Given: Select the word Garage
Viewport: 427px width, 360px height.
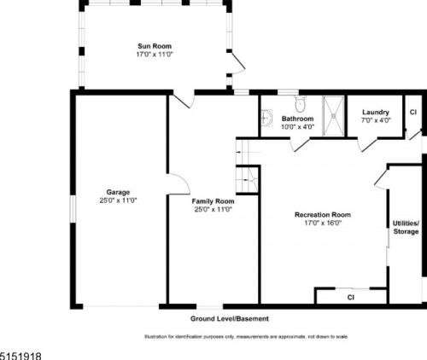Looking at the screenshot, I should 118,192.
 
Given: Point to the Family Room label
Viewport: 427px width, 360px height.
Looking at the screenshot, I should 213,200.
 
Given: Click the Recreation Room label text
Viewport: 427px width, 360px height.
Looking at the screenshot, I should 323,215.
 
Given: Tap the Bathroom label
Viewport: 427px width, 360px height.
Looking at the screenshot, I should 298,119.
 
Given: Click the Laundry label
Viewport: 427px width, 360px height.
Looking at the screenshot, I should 376,113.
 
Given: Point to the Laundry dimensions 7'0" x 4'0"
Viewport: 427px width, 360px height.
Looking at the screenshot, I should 376,120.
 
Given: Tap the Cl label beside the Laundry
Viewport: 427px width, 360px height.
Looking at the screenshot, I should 412,113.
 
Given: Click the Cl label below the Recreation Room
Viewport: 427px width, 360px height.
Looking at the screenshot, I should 350,298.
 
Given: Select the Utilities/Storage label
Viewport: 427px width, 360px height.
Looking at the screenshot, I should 406,226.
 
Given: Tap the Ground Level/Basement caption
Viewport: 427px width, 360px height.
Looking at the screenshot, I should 229,318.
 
